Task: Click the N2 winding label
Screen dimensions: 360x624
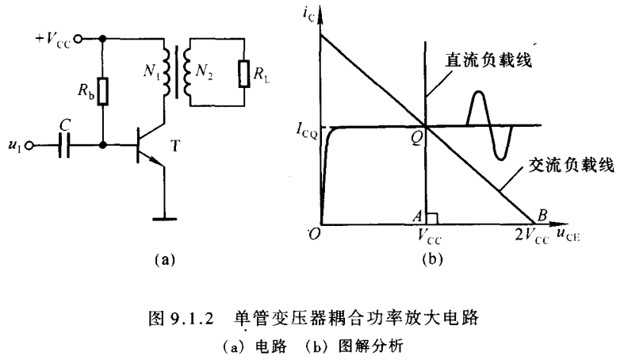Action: (x=205, y=68)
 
